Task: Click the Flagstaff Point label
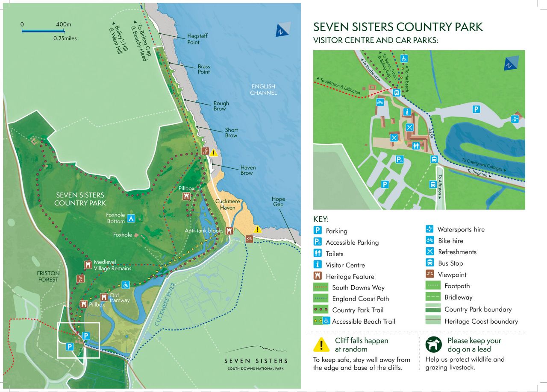[197, 39]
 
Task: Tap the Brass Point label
[204, 69]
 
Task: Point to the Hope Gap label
[278, 202]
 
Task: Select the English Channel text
[263, 89]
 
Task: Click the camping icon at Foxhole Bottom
[132, 218]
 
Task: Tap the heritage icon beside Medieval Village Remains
[88, 265]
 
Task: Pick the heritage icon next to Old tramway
[104, 297]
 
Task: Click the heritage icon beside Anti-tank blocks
[229, 231]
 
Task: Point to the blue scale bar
[43, 31]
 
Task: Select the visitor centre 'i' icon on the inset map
[407, 112]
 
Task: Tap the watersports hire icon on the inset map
[515, 119]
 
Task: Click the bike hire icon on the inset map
[379, 102]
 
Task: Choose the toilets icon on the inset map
[416, 145]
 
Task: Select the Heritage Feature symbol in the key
[318, 276]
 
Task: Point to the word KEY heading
[321, 219]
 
